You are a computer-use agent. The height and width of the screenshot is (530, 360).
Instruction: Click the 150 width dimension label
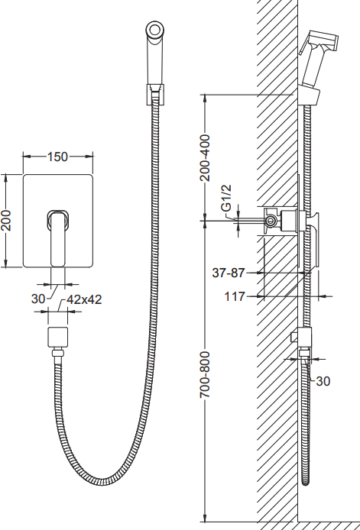(57, 157)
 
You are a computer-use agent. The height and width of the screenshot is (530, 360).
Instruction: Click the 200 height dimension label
(6, 221)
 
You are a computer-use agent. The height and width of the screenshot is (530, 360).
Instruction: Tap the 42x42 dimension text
(84, 299)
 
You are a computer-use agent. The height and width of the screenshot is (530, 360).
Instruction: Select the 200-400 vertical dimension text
(205, 157)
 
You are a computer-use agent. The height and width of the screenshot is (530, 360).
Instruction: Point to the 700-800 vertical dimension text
(205, 374)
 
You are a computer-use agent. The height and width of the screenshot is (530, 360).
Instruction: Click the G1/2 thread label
(227, 198)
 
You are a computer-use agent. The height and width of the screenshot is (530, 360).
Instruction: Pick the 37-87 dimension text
(228, 273)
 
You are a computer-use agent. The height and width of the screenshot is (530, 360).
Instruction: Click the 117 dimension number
(235, 296)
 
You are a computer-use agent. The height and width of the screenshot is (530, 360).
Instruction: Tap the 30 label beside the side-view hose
(323, 381)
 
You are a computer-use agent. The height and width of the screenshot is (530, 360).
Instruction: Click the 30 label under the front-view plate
(38, 299)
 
